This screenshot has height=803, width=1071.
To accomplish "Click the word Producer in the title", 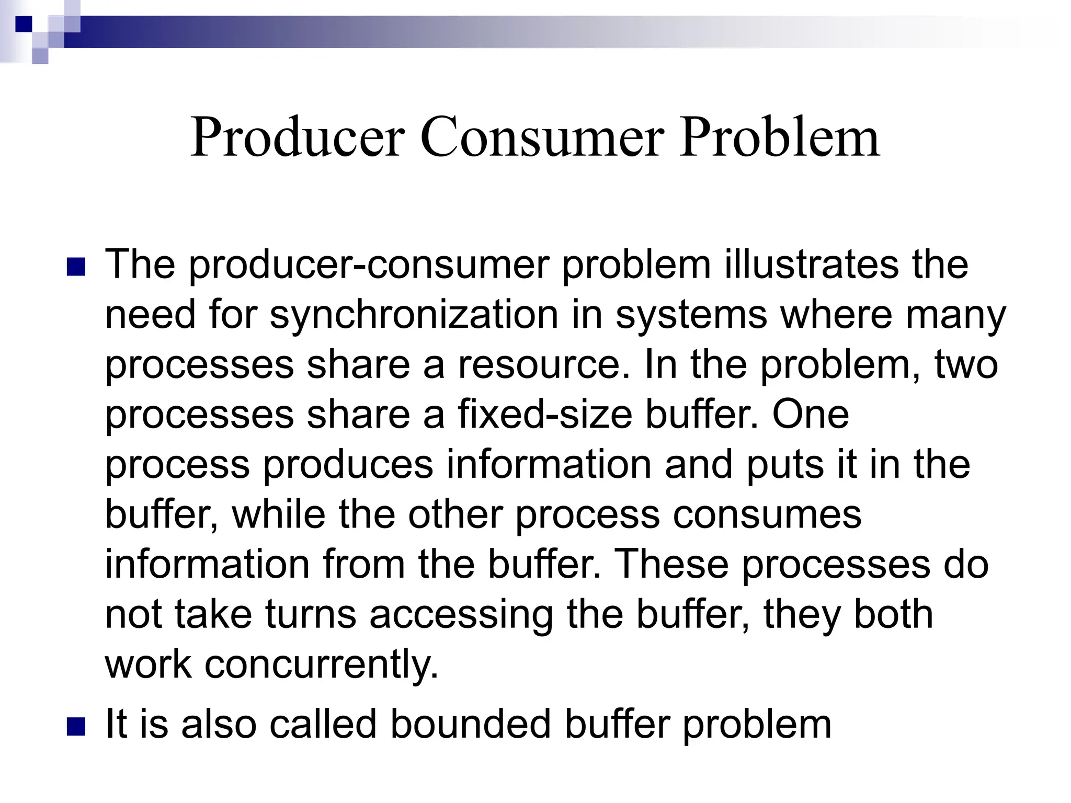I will [298, 137].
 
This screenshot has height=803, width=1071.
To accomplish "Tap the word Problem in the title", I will [779, 137].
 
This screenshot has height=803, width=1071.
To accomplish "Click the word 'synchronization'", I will [414, 315].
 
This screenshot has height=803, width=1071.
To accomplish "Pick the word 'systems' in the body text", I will [691, 315].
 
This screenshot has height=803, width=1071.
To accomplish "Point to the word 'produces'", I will [348, 464].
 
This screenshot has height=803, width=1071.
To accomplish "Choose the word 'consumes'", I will [767, 514].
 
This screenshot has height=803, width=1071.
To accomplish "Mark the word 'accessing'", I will [461, 614].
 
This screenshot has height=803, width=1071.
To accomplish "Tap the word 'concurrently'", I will [321, 664].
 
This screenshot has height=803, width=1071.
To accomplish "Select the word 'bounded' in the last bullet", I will [471, 724].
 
